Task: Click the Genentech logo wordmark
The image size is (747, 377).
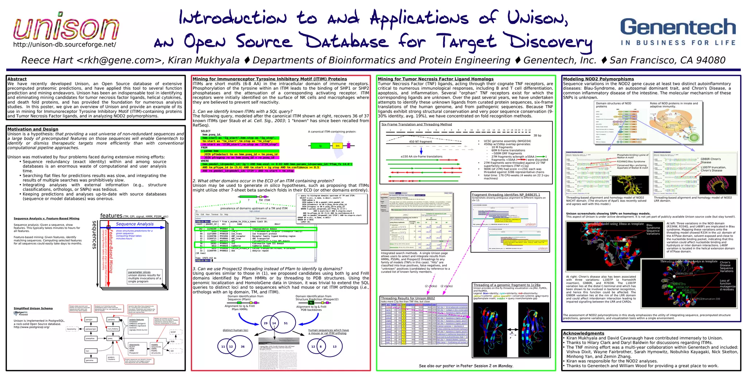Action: pyautogui.click(x=678, y=28)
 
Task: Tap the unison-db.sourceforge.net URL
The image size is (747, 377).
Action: pyautogui.click(x=65, y=45)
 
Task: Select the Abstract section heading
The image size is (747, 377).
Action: pyautogui.click(x=17, y=79)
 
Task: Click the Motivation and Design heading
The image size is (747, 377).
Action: pyautogui.click(x=33, y=129)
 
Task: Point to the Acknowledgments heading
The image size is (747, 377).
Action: pyautogui.click(x=584, y=333)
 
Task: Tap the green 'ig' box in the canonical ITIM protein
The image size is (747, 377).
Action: pyautogui.click(x=320, y=146)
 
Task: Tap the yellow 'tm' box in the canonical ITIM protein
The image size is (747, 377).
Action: pyautogui.click(x=337, y=146)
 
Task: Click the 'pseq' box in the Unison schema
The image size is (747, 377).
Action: pyautogui.click(x=110, y=338)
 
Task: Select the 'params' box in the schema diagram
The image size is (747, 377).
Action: pyautogui.click(x=111, y=319)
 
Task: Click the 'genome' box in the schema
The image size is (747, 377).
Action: pyautogui.click(x=90, y=360)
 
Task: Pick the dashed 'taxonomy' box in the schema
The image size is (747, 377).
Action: pyautogui.click(x=71, y=329)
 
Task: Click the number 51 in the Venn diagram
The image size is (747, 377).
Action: pyautogui.click(x=286, y=323)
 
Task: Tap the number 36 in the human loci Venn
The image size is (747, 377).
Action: pyautogui.click(x=243, y=347)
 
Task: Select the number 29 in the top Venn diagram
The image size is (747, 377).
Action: pyautogui.click(x=266, y=323)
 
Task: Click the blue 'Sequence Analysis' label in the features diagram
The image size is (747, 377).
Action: pyautogui.click(x=135, y=224)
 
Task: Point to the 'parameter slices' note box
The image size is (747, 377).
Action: pyautogui.click(x=144, y=277)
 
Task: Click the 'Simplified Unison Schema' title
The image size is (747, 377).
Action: pyautogui.click(x=33, y=308)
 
